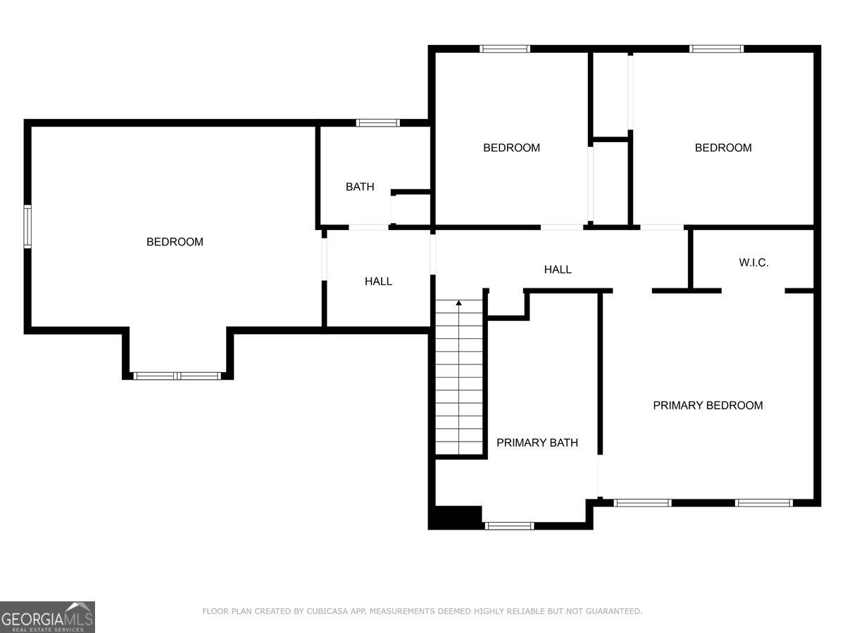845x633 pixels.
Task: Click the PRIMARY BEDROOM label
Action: pyautogui.click(x=708, y=405)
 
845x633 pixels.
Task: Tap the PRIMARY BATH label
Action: pyautogui.click(x=537, y=442)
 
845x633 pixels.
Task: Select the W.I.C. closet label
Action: pyautogui.click(x=753, y=263)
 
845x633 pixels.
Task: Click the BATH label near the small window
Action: pyautogui.click(x=360, y=187)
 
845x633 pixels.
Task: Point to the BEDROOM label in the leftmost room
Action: pyautogui.click(x=175, y=242)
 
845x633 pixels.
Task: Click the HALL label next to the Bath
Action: pyautogui.click(x=378, y=281)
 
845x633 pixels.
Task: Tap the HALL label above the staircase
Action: pyautogui.click(x=558, y=269)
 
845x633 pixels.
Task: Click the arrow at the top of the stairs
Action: pyautogui.click(x=459, y=303)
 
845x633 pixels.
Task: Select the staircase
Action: pyautogui.click(x=459, y=380)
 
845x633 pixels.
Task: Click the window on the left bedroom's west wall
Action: pyautogui.click(x=27, y=226)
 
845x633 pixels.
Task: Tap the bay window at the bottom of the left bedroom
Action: pyautogui.click(x=177, y=376)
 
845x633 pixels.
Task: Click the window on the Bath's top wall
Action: pyautogui.click(x=378, y=123)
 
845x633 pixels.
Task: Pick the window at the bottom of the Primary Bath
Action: pyautogui.click(x=509, y=525)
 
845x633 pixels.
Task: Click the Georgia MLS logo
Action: pyautogui.click(x=47, y=617)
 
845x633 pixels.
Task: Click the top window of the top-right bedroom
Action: pyautogui.click(x=716, y=49)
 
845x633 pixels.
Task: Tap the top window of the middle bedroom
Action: pyautogui.click(x=505, y=49)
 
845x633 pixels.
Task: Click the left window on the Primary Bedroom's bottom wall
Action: pyautogui.click(x=642, y=503)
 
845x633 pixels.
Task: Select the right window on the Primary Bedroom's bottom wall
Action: pyautogui.click(x=764, y=503)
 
